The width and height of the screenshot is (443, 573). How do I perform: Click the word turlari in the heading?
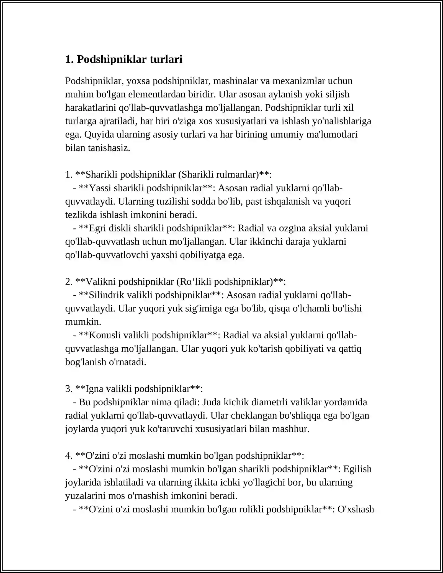pyautogui.click(x=166, y=59)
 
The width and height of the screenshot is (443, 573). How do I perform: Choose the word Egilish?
pyautogui.click(x=358, y=469)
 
